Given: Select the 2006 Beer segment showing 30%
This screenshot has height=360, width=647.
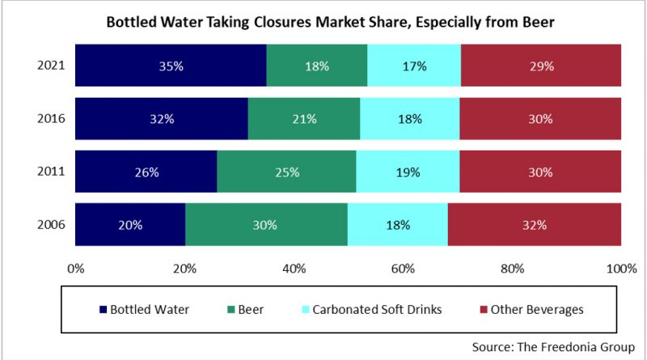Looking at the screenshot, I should point(266,224).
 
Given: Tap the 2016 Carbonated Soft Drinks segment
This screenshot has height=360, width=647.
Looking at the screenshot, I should point(409,119).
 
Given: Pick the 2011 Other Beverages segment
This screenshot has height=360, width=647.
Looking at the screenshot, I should point(539,172).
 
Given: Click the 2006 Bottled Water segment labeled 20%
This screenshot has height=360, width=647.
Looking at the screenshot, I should point(130,224).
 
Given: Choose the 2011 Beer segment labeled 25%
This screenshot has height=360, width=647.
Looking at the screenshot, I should point(286,172).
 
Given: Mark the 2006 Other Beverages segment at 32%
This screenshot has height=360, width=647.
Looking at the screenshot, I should point(534,224).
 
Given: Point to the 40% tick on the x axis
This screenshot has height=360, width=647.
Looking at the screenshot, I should point(294,268).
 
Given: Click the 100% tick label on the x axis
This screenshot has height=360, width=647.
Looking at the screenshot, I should point(620,268).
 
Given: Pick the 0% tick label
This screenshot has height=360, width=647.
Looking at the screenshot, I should point(76,268).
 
